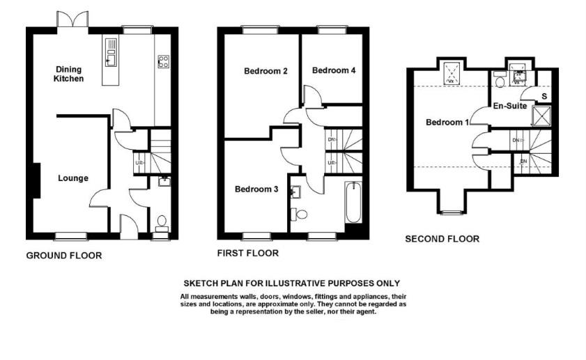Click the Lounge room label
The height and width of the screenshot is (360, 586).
(73, 178)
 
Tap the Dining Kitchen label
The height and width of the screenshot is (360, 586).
(69, 74)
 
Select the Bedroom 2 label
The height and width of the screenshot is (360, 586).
(266, 70)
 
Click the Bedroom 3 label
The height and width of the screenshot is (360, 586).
(256, 189)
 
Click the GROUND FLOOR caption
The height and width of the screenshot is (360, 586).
(63, 256)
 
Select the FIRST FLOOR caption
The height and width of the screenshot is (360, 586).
(247, 253)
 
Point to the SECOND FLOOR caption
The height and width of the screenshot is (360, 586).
(442, 239)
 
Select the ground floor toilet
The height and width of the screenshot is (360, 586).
(162, 223)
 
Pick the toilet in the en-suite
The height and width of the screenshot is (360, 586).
(499, 81)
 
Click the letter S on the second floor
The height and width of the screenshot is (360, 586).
(544, 96)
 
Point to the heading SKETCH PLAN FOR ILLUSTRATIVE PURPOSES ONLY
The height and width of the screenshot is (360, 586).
(291, 283)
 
